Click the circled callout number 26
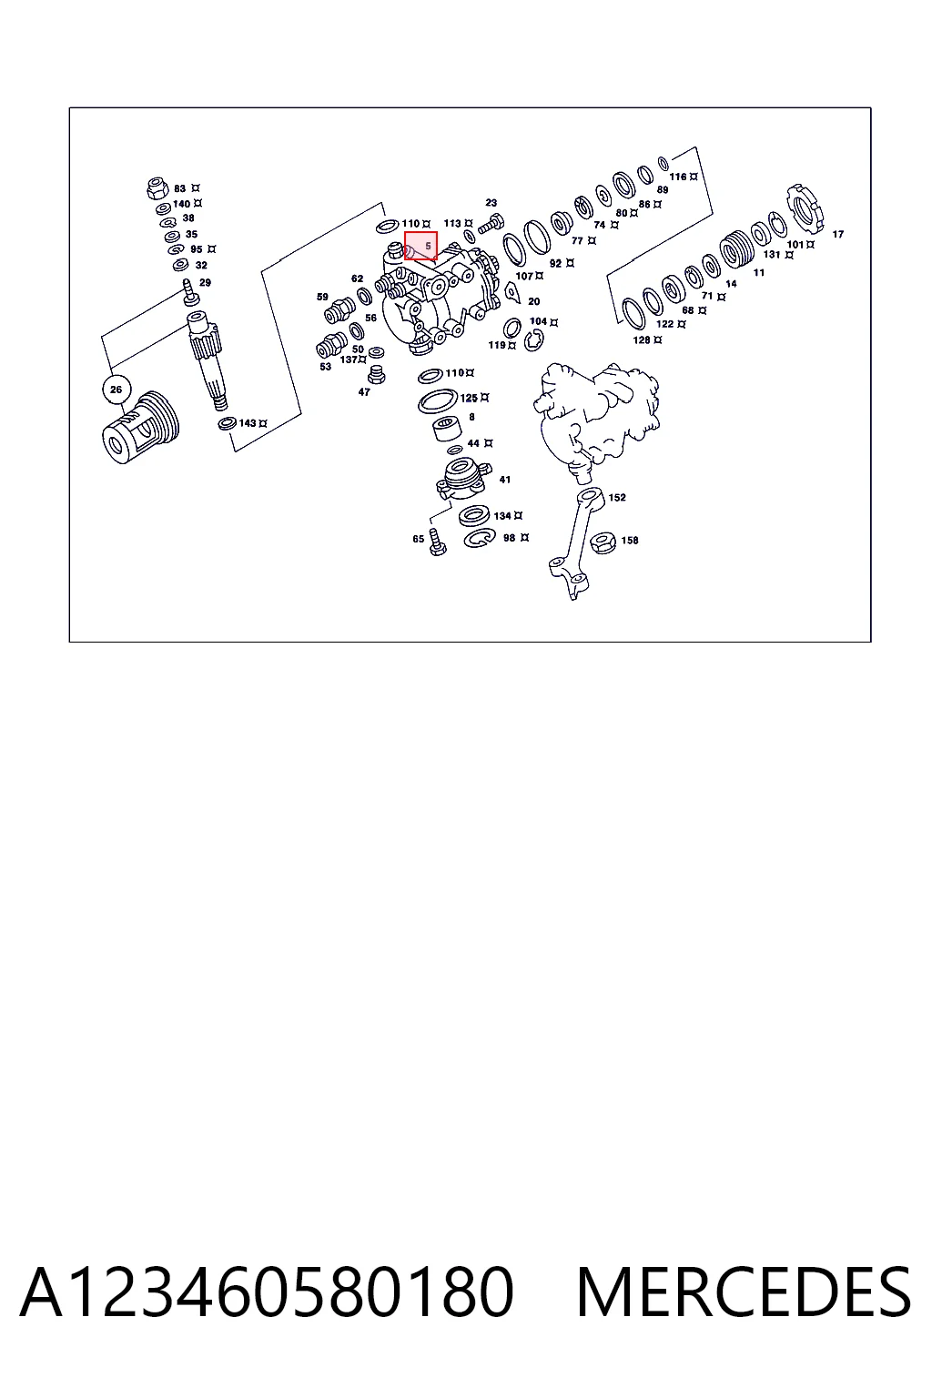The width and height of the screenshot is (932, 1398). pos(116,390)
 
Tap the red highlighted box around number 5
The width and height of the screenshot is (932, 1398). pos(420,245)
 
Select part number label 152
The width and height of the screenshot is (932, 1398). pos(617,498)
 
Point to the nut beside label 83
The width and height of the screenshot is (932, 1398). pos(157,187)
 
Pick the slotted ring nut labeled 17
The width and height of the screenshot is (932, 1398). pos(805,207)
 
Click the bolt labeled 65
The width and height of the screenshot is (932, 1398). pos(438,542)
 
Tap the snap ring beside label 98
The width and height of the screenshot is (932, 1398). pos(480,537)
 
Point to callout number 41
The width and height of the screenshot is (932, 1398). pos(504,480)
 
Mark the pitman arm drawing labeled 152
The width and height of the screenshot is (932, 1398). pos(575,543)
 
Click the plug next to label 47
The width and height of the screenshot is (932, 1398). pos(377,375)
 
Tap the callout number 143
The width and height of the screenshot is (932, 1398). pos(248,423)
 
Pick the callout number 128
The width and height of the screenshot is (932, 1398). pos(641,340)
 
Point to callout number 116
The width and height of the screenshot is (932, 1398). pos(678,177)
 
